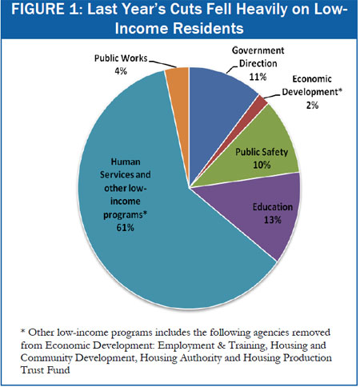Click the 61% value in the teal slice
pyautogui.click(x=125, y=228)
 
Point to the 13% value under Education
pyautogui.click(x=273, y=220)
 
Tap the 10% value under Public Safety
pyautogui.click(x=262, y=165)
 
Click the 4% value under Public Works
pyautogui.click(x=121, y=71)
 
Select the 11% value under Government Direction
pyautogui.click(x=258, y=77)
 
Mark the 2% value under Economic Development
pyautogui.click(x=312, y=106)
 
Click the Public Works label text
pyautogui.click(x=121, y=58)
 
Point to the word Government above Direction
pyautogui.click(x=258, y=50)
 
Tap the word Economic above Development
pyautogui.click(x=312, y=79)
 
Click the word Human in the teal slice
pyautogui.click(x=126, y=162)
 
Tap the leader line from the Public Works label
pyautogui.click(x=162, y=64)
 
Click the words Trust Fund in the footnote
pyautogui.click(x=45, y=370)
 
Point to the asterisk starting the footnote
pyautogui.click(x=23, y=331)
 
